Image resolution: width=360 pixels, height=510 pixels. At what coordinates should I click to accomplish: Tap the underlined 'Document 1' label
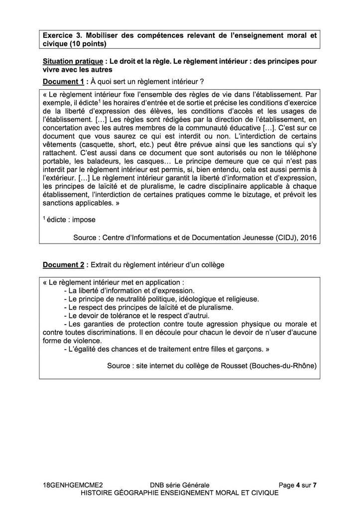pos(63,81)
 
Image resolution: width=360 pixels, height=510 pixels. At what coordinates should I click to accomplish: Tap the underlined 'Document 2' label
pos(63,264)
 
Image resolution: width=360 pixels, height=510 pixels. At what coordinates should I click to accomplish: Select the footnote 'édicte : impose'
pos(69,219)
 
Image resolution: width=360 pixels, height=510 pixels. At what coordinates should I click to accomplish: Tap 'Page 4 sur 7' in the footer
pos(297,485)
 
